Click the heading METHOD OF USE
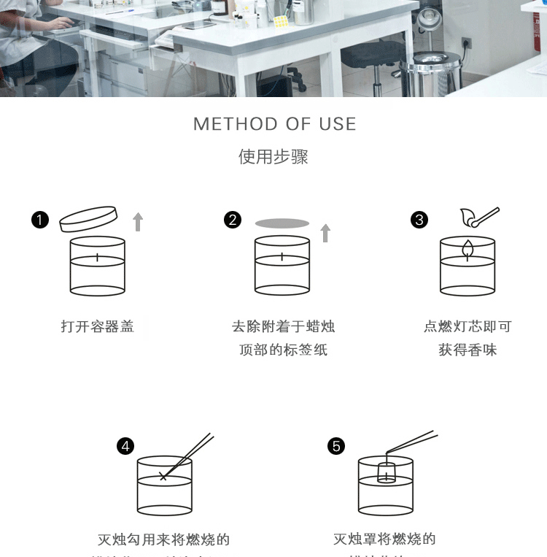tap(274, 124)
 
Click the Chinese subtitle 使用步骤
tap(273, 157)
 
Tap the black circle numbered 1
tap(40, 220)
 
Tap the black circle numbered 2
tap(233, 220)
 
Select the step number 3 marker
tap(419, 220)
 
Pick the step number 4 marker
tap(126, 446)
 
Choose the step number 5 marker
tap(335, 446)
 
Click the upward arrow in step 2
tap(325, 233)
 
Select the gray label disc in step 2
tap(282, 223)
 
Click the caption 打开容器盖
tap(98, 326)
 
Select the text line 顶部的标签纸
tap(283, 350)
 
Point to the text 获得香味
tap(468, 350)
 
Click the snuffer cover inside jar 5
tap(385, 472)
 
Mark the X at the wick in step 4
tap(163, 477)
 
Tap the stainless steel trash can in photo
tap(436, 73)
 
